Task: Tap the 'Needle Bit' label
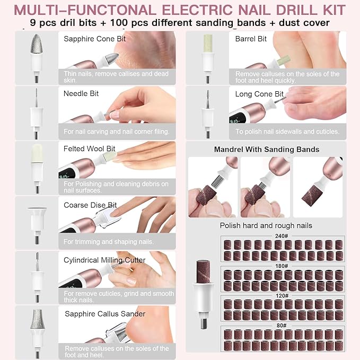point(81,93)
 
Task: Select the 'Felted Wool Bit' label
point(90,149)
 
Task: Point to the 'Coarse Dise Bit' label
point(90,205)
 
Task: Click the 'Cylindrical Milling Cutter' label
point(104,259)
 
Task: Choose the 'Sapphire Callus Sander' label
point(104,314)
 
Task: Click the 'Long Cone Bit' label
point(259,94)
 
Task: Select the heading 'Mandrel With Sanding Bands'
point(267,150)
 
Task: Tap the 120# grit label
point(282,295)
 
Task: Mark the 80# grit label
point(282,325)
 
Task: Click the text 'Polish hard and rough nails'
point(266,225)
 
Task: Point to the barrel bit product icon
point(207,56)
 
